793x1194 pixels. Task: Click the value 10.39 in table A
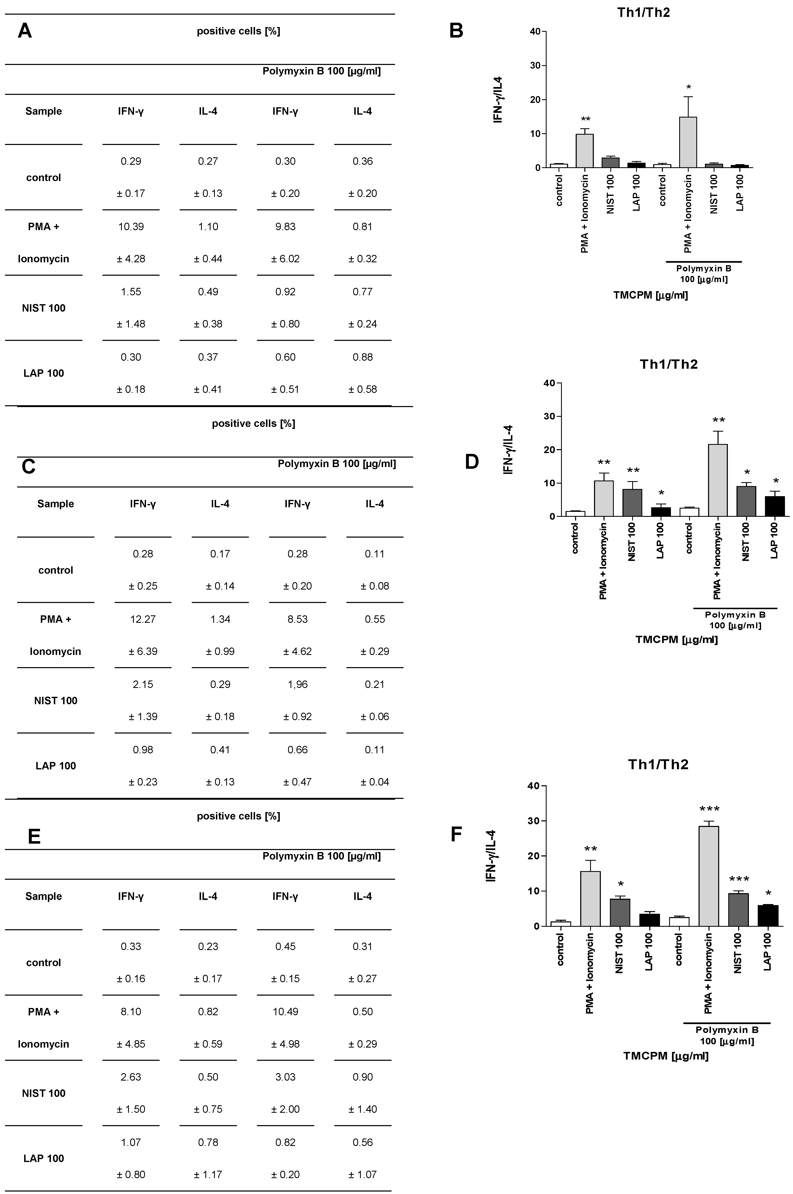[x=131, y=227]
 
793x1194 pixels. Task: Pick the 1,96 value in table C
[x=297, y=684]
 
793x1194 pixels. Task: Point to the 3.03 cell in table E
[x=285, y=1077]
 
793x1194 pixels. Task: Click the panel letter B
[x=456, y=31]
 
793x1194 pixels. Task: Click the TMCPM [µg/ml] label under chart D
[x=677, y=639]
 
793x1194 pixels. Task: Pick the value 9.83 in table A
[x=285, y=227]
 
